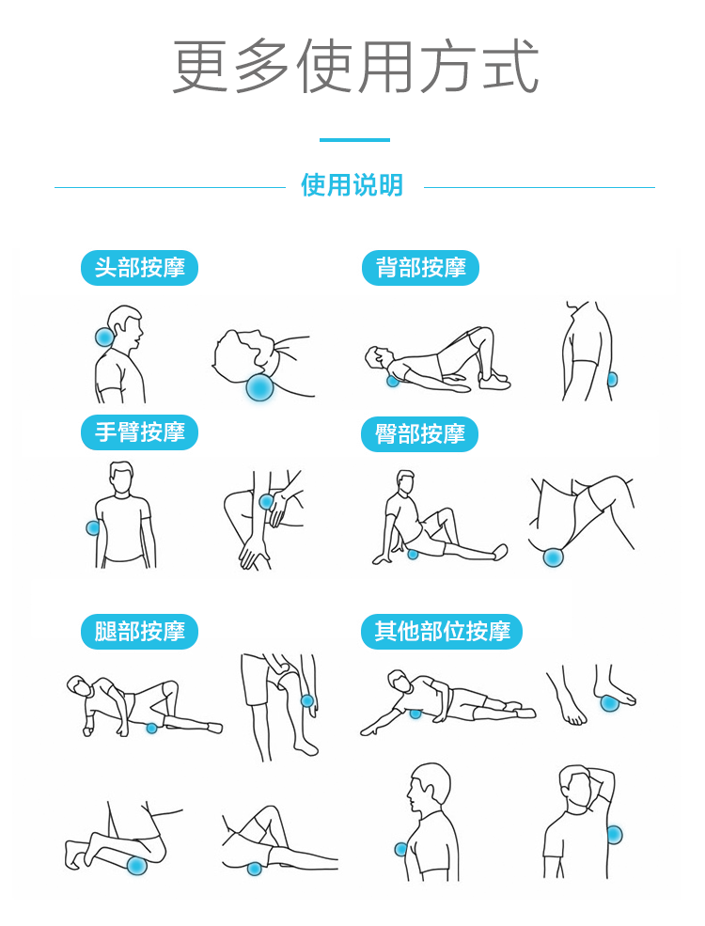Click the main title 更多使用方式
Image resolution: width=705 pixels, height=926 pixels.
(355, 66)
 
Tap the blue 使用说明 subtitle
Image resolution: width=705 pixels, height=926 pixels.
(352, 185)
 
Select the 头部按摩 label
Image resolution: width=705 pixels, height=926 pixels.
(139, 268)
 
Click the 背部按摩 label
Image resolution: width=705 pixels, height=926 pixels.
(420, 268)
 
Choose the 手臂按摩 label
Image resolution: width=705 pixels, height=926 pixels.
(139, 432)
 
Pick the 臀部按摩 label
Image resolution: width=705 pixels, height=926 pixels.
(419, 434)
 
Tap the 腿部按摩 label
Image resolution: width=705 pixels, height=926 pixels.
(139, 632)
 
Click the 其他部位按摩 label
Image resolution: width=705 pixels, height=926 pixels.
(442, 632)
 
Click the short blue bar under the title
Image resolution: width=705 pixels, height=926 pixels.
(355, 140)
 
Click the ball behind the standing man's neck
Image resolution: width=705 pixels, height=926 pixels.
(105, 337)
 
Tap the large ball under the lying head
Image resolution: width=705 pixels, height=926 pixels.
(259, 386)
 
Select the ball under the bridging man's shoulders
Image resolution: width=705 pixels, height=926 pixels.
(393, 381)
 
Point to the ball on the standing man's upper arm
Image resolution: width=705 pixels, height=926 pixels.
(93, 527)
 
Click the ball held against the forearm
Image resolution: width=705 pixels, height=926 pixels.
(266, 502)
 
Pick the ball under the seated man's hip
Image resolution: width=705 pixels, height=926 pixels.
(413, 554)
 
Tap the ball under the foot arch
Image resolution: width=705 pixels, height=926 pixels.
(609, 703)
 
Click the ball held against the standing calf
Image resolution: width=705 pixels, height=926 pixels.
(307, 701)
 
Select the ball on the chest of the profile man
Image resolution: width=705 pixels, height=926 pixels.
(401, 849)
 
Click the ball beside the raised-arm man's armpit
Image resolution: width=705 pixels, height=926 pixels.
(614, 835)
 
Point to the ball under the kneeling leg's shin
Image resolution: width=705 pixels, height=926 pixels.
(137, 866)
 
